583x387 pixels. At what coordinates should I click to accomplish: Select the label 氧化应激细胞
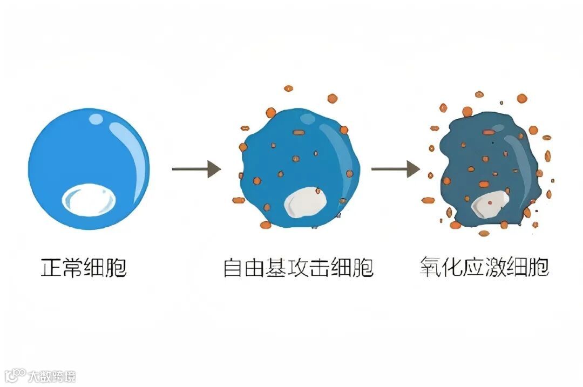coord(484,267)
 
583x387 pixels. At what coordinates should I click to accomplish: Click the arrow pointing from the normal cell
coord(196,169)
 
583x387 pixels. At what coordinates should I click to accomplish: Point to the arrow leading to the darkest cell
coord(395,169)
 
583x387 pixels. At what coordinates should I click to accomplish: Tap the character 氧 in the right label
coord(430,267)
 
